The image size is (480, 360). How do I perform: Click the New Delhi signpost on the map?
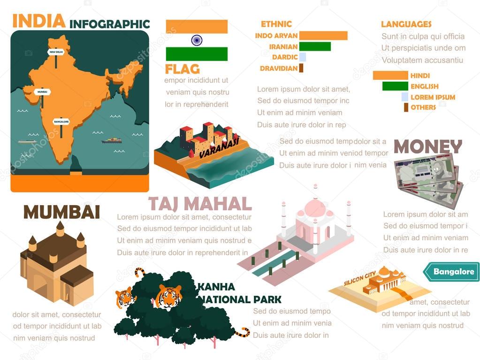56,52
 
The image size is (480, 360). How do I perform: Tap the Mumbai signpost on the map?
43,92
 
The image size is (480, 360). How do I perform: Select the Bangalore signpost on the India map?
61,121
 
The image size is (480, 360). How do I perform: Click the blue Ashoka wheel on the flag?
197,40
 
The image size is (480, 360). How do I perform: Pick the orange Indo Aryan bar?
323,36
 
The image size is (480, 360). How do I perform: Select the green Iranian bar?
315,46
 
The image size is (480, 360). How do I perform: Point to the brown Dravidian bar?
301,68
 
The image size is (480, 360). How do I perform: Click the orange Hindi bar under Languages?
390,76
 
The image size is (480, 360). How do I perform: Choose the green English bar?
395,86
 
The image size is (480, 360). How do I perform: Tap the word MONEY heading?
427,147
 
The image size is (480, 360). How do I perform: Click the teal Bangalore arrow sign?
451,272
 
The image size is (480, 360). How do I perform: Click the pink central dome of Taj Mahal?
315,207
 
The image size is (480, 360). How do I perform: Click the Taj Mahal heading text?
200,204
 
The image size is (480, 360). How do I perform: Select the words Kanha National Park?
239,293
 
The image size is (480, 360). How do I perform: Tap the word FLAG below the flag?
182,69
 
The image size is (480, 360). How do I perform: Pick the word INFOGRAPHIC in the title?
109,24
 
